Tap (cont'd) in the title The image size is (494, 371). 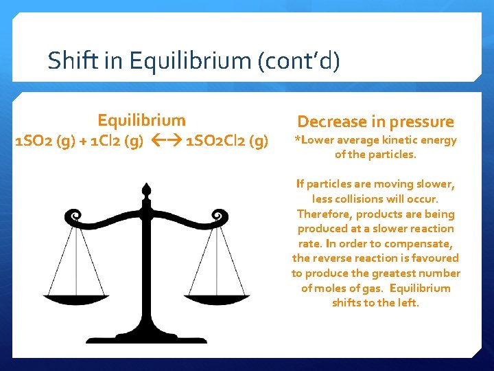click(298, 61)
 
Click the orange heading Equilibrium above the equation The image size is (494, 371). click(141, 121)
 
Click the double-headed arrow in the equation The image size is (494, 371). click(165, 142)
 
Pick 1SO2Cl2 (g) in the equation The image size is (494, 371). click(227, 142)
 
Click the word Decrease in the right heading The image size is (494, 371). click(331, 122)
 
